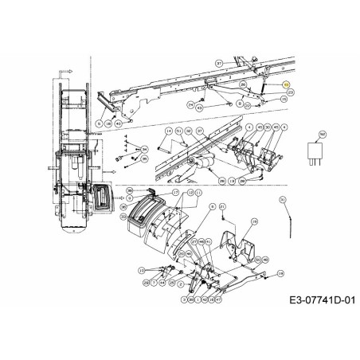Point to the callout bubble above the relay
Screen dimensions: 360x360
coord(322,134)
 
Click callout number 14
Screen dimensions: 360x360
coord(169,130)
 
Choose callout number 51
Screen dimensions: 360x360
coord(176,130)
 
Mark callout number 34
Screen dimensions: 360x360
coord(144,148)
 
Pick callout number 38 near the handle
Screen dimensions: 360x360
coord(130,190)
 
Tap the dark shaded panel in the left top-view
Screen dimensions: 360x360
coord(101,198)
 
